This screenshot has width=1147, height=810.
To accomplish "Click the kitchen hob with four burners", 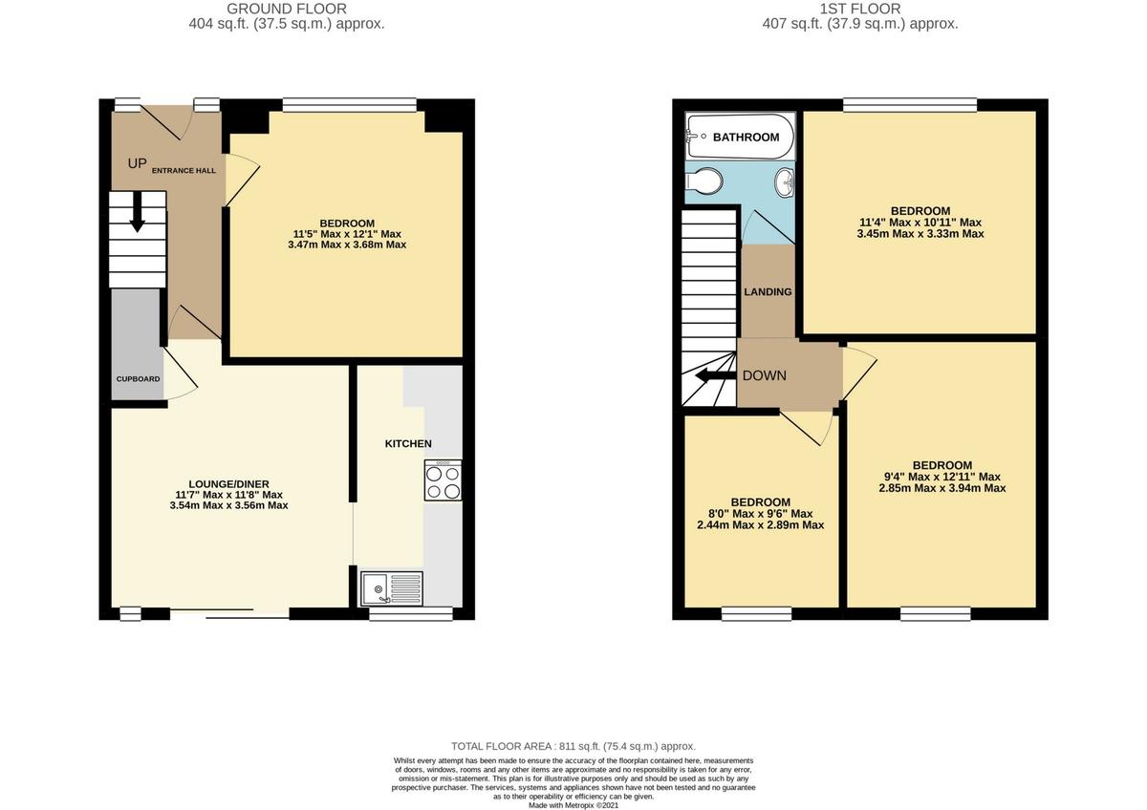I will pyautogui.click(x=443, y=480).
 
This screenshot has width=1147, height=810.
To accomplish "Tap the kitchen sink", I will pyautogui.click(x=392, y=586).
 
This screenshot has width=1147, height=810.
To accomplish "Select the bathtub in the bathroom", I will pyautogui.click(x=740, y=138).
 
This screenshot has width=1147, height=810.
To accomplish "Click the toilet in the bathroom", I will pyautogui.click(x=705, y=181).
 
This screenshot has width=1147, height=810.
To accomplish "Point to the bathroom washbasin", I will pyautogui.click(x=785, y=181).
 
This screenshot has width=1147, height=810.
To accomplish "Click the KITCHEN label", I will pyautogui.click(x=408, y=443).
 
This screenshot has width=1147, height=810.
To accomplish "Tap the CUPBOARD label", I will pyautogui.click(x=139, y=379).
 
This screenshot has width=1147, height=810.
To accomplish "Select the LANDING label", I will pyautogui.click(x=768, y=291).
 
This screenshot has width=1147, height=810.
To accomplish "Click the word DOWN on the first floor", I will pyautogui.click(x=765, y=375).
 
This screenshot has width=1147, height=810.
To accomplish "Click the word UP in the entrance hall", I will pyautogui.click(x=138, y=163).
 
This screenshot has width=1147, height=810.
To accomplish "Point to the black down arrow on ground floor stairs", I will pyautogui.click(x=137, y=211).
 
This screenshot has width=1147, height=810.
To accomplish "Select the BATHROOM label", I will pyautogui.click(x=747, y=138).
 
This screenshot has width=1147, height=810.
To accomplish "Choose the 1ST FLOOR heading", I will pyautogui.click(x=860, y=9).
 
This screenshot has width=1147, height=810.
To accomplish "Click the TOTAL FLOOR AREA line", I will pyautogui.click(x=573, y=746).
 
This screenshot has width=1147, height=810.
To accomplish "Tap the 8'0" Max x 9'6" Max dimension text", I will pyautogui.click(x=761, y=514).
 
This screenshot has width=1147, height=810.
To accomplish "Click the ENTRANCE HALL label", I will pyautogui.click(x=184, y=170).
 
